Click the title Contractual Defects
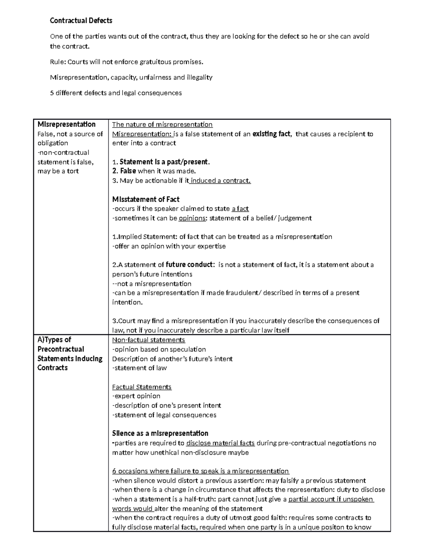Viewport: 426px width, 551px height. pyautogui.click(x=81, y=21)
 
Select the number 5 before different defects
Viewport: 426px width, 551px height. pyautogui.click(x=52, y=93)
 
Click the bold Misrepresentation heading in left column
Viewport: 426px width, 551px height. pyautogui.click(x=66, y=125)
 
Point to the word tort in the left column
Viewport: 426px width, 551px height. pyautogui.click(x=73, y=171)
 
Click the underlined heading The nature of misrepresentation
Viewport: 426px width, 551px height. pyautogui.click(x=162, y=125)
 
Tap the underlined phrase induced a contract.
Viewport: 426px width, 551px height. pyautogui.click(x=220, y=181)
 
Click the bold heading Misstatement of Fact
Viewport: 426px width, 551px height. pyautogui.click(x=146, y=199)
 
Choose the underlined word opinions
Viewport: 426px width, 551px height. pyautogui.click(x=192, y=218)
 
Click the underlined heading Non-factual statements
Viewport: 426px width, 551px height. pyautogui.click(x=148, y=340)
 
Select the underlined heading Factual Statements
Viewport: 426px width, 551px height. pyautogui.click(x=142, y=387)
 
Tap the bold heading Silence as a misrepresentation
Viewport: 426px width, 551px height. pyautogui.click(x=160, y=433)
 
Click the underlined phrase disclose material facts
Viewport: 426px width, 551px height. pyautogui.click(x=220, y=443)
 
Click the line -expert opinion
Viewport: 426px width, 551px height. pyautogui.click(x=136, y=396)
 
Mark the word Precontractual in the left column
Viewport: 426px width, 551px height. pyautogui.click(x=61, y=349)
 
